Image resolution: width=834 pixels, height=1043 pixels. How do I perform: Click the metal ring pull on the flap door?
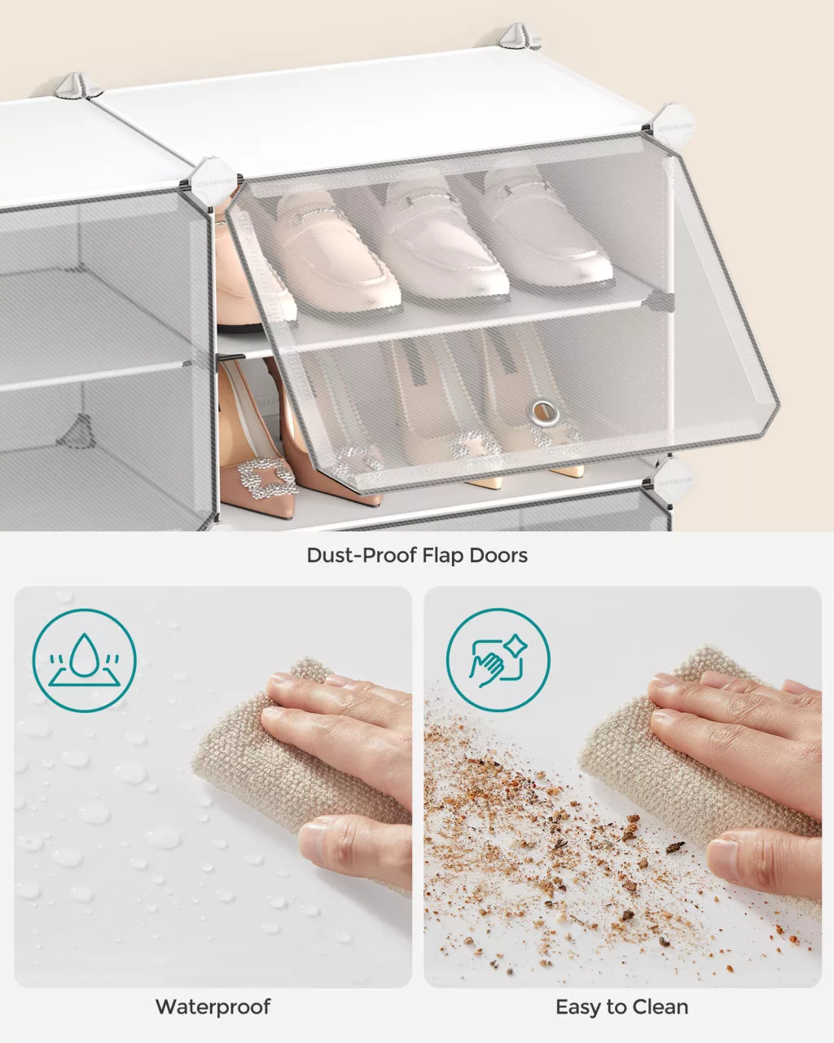tap(544, 413)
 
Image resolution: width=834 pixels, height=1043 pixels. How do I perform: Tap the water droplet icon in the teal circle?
tap(85, 660)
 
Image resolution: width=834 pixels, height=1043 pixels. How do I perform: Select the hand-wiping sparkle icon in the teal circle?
tap(498, 660)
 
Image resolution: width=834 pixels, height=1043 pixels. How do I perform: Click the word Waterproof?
tap(213, 1006)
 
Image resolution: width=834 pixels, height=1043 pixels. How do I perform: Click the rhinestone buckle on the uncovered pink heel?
tap(267, 477)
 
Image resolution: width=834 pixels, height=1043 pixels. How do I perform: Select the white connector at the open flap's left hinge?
tap(211, 180)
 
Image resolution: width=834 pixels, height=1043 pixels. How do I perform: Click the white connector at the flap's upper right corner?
tap(671, 125)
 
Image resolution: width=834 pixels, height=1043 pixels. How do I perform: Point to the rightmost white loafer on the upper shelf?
tap(546, 227)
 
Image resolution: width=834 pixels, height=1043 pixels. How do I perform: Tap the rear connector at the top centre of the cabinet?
tap(517, 37)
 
